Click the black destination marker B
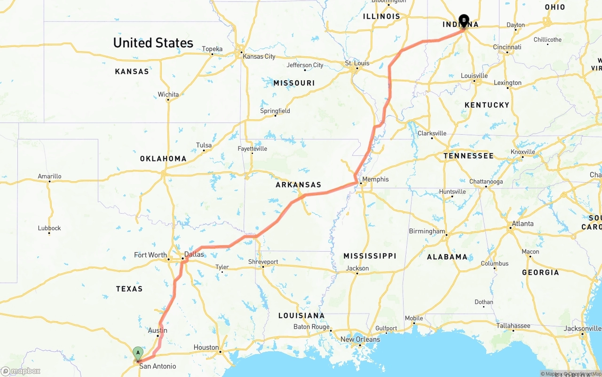point(464,20)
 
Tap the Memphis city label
point(375,179)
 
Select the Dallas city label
point(194,254)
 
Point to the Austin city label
point(158,330)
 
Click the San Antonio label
point(158,366)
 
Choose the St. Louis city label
point(357,63)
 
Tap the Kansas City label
point(259,56)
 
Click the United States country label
point(153,43)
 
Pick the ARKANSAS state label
point(299,185)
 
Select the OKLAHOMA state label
point(163,159)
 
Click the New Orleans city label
point(360,339)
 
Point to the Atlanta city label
point(523,223)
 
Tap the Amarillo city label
point(50,177)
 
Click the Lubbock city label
point(49,228)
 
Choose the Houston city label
point(206,347)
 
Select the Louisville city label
point(474,76)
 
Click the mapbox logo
point(21,371)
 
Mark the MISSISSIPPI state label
point(370,256)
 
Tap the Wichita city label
point(168,94)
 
